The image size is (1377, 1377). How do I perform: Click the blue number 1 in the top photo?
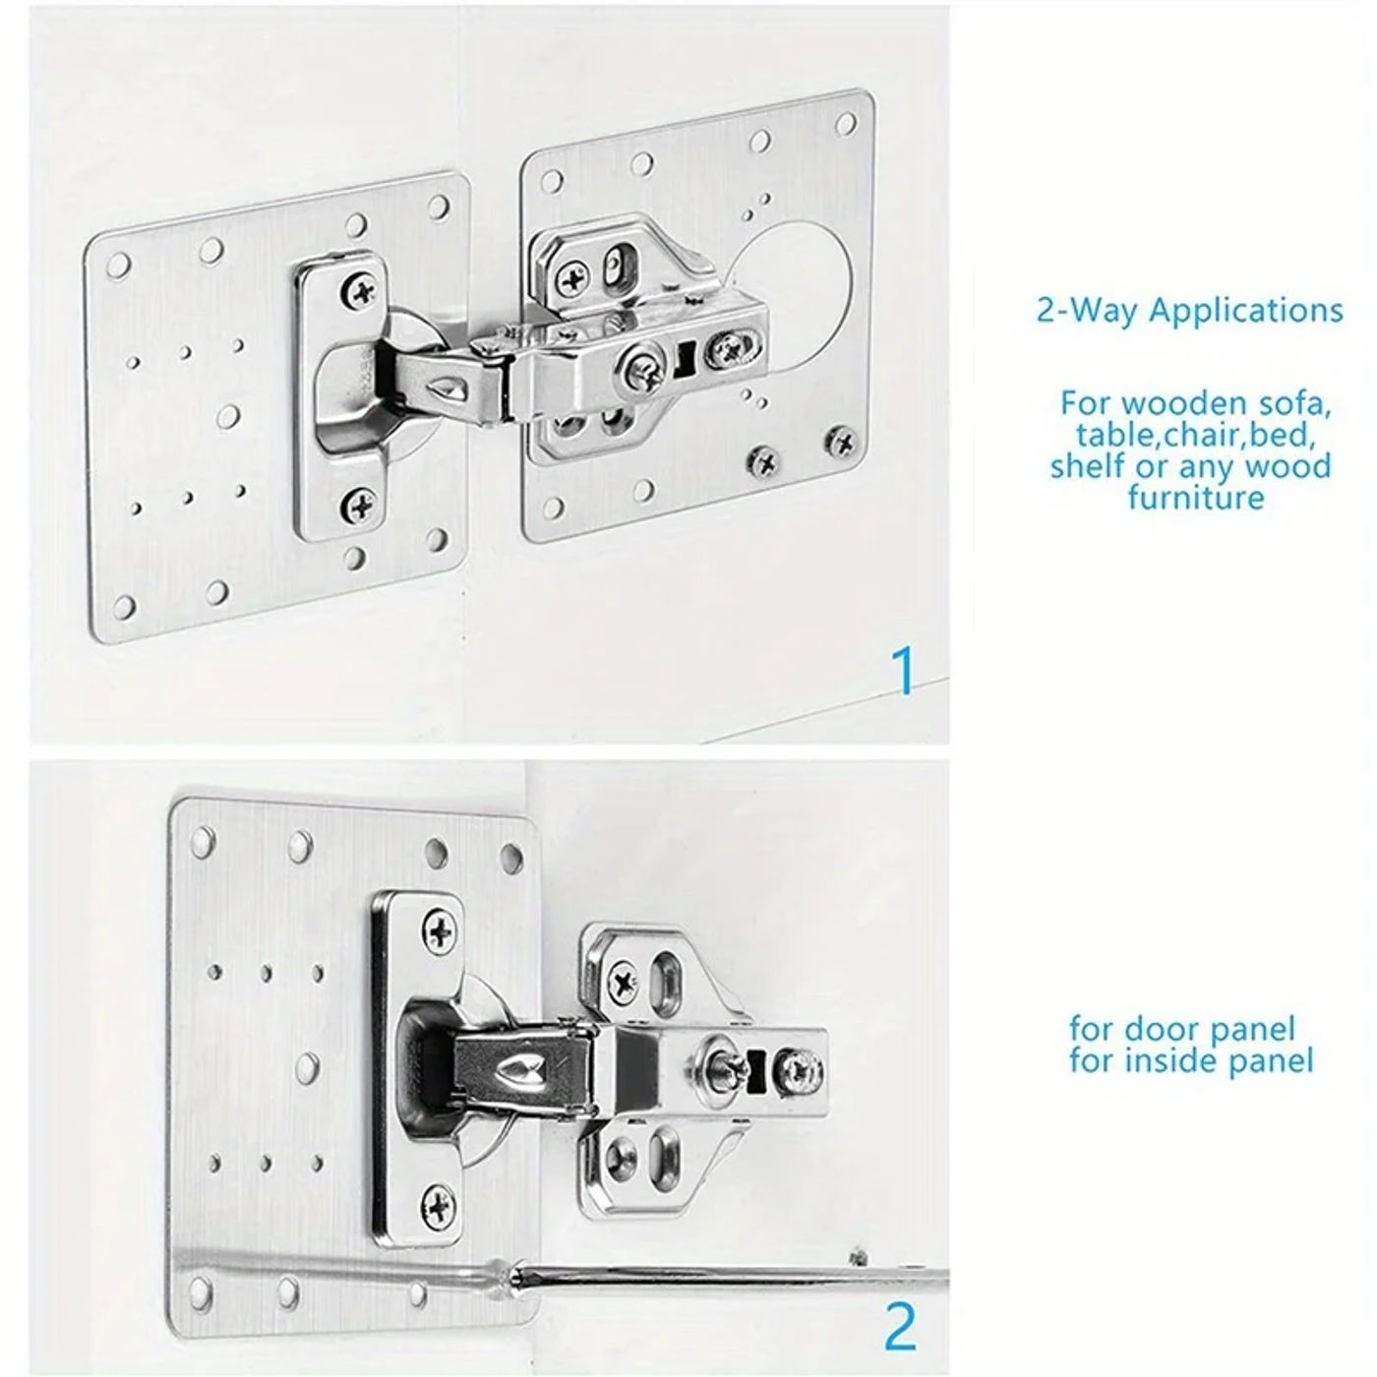point(901,671)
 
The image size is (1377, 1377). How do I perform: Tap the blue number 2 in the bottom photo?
point(900,1326)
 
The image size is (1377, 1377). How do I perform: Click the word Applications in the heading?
point(1245,311)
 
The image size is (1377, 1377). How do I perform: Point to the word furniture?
point(1196,497)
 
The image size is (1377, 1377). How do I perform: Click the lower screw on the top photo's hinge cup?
point(359,506)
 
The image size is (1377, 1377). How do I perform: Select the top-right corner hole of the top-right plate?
point(846,123)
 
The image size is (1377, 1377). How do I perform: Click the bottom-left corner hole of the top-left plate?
point(125,607)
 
